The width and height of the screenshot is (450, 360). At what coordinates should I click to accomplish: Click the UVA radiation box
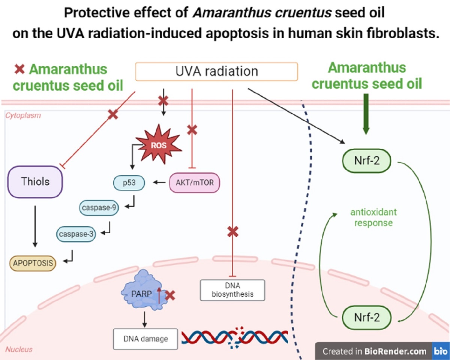pos(216,71)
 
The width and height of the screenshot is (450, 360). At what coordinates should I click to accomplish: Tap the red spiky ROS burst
pos(159,145)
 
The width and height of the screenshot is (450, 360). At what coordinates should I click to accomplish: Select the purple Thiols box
pos(35,182)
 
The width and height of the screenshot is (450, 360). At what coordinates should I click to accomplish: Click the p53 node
pos(129,183)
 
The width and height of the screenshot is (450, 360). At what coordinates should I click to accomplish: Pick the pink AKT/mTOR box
pos(194,183)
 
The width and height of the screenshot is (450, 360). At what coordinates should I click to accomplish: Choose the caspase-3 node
pos(76,234)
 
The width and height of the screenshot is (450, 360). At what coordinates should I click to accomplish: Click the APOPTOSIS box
pos(33,263)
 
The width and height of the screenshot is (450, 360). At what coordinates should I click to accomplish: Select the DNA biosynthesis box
pos(232,290)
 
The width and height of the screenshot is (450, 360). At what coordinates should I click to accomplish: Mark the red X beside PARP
pos(170,295)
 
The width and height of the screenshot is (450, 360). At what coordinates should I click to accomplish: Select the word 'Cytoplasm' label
pos(23,115)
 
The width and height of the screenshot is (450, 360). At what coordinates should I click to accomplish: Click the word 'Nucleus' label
pos(19,349)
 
